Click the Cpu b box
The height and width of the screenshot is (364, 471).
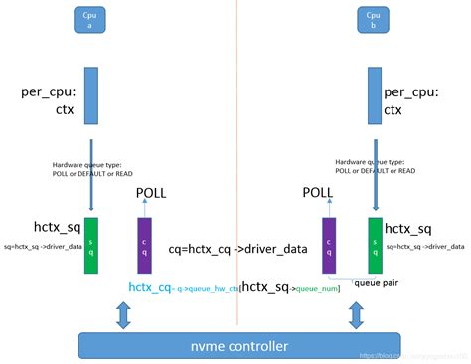coord(373,20)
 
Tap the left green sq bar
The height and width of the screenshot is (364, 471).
coord(90,245)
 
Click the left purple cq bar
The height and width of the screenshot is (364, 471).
coord(143,245)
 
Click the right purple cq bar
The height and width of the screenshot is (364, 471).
coord(329,245)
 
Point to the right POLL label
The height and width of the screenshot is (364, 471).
coord(318,193)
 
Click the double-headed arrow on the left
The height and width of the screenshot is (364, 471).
coord(122,315)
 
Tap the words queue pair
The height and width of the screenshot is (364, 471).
coord(378,281)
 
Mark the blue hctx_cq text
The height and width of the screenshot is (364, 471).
coord(150,286)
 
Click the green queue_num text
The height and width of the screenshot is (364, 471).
coord(317,289)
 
